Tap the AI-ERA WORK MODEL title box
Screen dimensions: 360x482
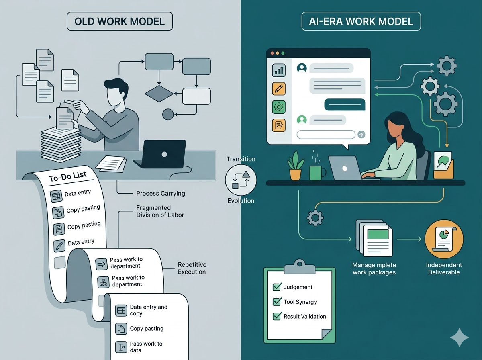(x=361, y=21)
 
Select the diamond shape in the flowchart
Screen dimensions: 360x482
(x=159, y=93)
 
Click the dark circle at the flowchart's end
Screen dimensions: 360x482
(x=168, y=115)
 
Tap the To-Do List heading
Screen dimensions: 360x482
(x=67, y=178)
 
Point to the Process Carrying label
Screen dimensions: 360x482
(x=160, y=193)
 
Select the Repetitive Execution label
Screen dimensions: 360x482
(x=192, y=268)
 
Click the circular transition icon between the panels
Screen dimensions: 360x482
(x=241, y=180)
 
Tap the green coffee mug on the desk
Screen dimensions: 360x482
(x=316, y=172)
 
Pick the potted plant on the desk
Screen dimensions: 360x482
(x=295, y=166)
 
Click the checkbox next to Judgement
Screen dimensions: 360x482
(x=277, y=287)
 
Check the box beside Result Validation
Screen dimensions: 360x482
(x=277, y=316)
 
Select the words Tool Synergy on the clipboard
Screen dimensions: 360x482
(x=300, y=302)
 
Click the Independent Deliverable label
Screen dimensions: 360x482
(x=444, y=268)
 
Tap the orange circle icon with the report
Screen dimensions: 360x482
(x=444, y=239)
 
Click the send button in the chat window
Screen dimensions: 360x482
(x=361, y=135)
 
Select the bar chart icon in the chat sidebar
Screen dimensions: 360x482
(x=279, y=70)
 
